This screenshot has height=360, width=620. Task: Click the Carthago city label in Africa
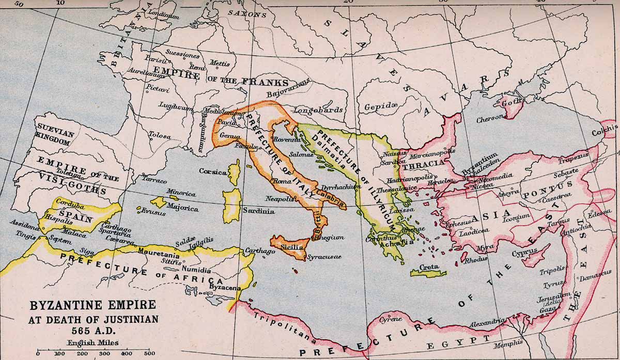point(260,251)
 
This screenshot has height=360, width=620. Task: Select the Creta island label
point(429,267)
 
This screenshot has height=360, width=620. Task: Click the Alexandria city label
point(487,323)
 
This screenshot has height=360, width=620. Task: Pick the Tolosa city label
point(159,135)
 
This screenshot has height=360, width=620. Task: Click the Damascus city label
point(595,278)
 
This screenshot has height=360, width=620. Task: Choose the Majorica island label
point(182,208)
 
